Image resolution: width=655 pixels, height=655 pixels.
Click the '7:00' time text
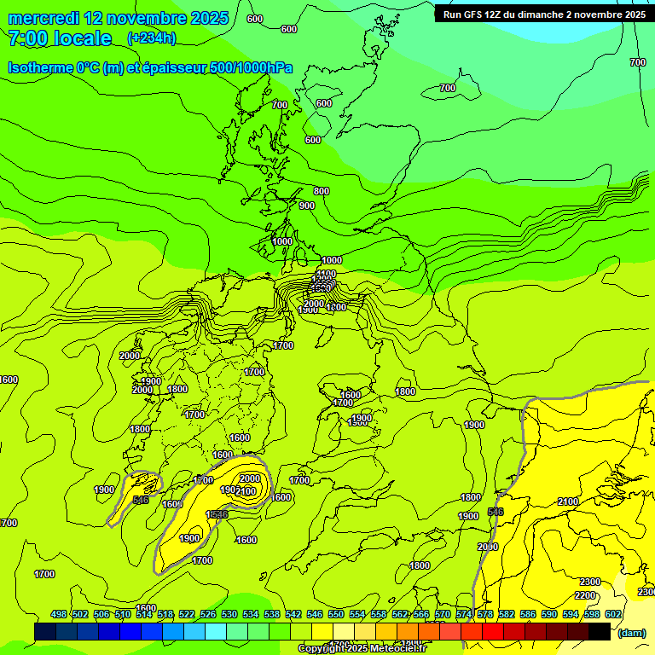pos(26,38)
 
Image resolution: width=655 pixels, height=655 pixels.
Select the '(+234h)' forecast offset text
pos(151,38)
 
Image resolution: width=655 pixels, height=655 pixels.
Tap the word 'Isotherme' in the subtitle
pos(39,67)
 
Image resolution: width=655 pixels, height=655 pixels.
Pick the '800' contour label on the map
pos(321,192)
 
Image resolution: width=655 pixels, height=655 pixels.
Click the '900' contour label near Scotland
pos(307,206)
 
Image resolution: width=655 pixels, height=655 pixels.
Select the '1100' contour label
pos(326,274)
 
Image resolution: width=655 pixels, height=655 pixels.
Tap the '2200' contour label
pos(585,595)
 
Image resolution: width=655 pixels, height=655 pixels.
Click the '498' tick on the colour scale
pos(59,614)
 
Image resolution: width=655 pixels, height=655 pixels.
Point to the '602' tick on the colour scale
pos(613,614)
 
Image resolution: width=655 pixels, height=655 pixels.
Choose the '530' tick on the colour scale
pos(229,614)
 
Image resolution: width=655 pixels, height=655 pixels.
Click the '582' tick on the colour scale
pos(507,614)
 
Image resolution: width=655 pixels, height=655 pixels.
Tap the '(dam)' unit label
pos(632,633)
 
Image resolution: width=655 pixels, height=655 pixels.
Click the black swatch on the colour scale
pos(600,631)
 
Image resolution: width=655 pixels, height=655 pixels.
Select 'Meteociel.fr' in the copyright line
pos(397,649)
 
